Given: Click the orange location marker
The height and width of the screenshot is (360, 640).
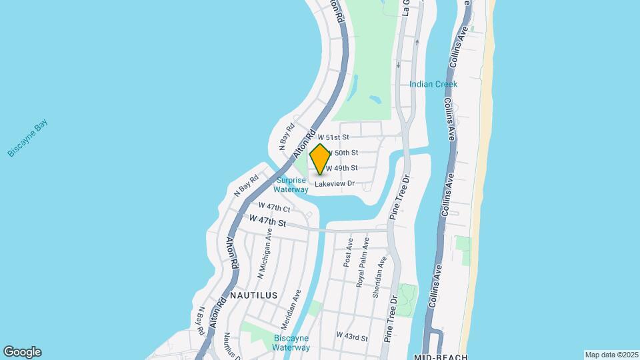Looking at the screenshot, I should [320, 159].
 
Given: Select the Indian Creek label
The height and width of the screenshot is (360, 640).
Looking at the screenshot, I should [433, 84].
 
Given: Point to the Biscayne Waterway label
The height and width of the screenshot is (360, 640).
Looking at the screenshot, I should [292, 343].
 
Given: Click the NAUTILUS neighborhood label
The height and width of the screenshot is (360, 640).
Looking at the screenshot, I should [253, 294].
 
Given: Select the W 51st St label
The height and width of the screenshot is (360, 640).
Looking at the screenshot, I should [333, 137].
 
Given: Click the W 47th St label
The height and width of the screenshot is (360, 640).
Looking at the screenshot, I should [268, 220].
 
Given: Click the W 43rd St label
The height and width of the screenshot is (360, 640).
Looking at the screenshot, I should [352, 336].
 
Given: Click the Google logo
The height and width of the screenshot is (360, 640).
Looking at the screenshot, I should [22, 351].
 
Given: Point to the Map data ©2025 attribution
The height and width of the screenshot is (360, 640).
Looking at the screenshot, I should [611, 355].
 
